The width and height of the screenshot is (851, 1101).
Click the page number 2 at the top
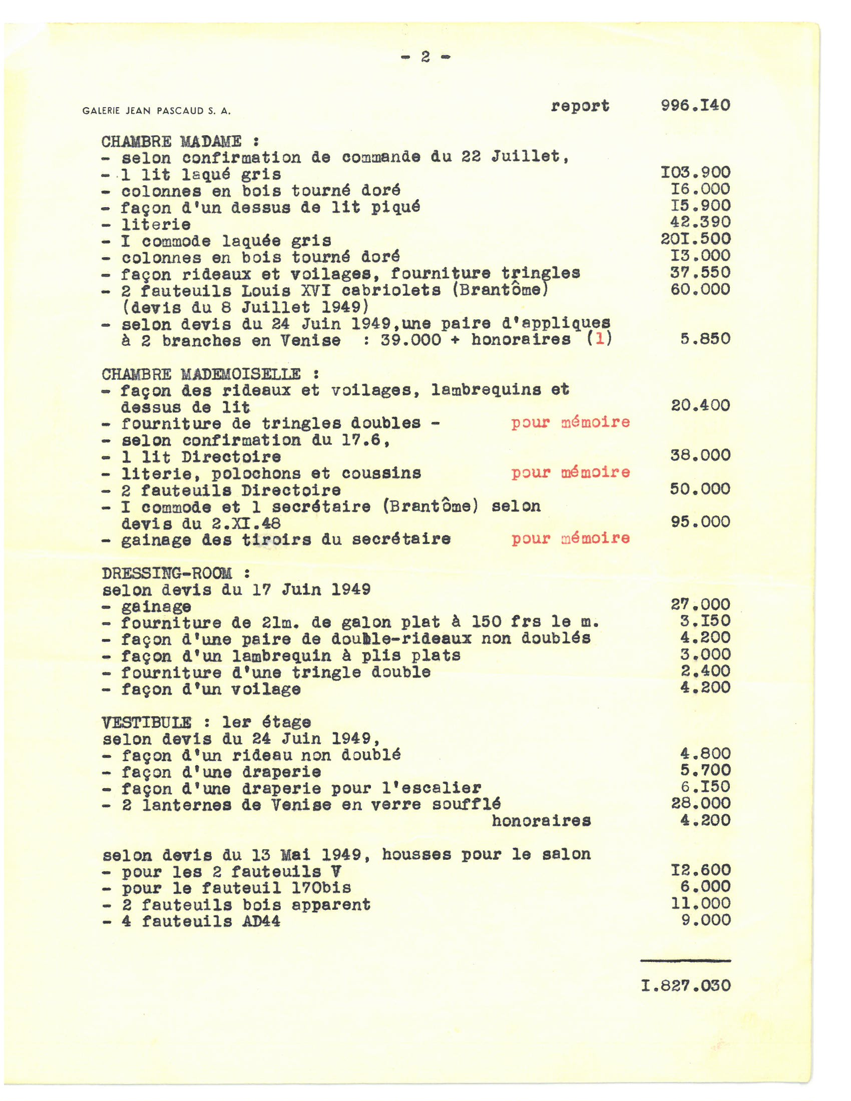pyautogui.click(x=425, y=57)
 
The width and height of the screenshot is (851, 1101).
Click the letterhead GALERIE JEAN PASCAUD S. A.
pyautogui.click(x=156, y=111)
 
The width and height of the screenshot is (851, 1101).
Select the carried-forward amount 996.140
pyautogui.click(x=695, y=106)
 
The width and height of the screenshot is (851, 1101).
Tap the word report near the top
pyautogui.click(x=580, y=106)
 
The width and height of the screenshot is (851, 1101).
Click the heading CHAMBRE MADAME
pyautogui.click(x=171, y=142)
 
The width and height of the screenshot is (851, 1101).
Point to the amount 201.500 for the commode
pyautogui.click(x=695, y=239)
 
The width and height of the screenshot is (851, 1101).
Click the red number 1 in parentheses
pyautogui.click(x=599, y=338)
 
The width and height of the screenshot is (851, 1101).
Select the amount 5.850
pyautogui.click(x=705, y=338)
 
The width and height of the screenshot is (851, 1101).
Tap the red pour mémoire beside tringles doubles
pyautogui.click(x=570, y=422)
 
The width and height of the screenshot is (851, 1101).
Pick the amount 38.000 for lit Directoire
pyautogui.click(x=700, y=455)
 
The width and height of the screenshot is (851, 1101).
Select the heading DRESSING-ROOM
pyautogui.click(x=167, y=574)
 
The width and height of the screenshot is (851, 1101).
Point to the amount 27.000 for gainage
pyautogui.click(x=700, y=605)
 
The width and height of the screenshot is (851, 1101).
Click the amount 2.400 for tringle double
pyautogui.click(x=705, y=671)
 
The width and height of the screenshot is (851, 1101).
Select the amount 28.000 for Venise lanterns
pyautogui.click(x=700, y=804)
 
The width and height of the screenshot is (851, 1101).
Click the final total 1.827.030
pyautogui.click(x=686, y=985)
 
